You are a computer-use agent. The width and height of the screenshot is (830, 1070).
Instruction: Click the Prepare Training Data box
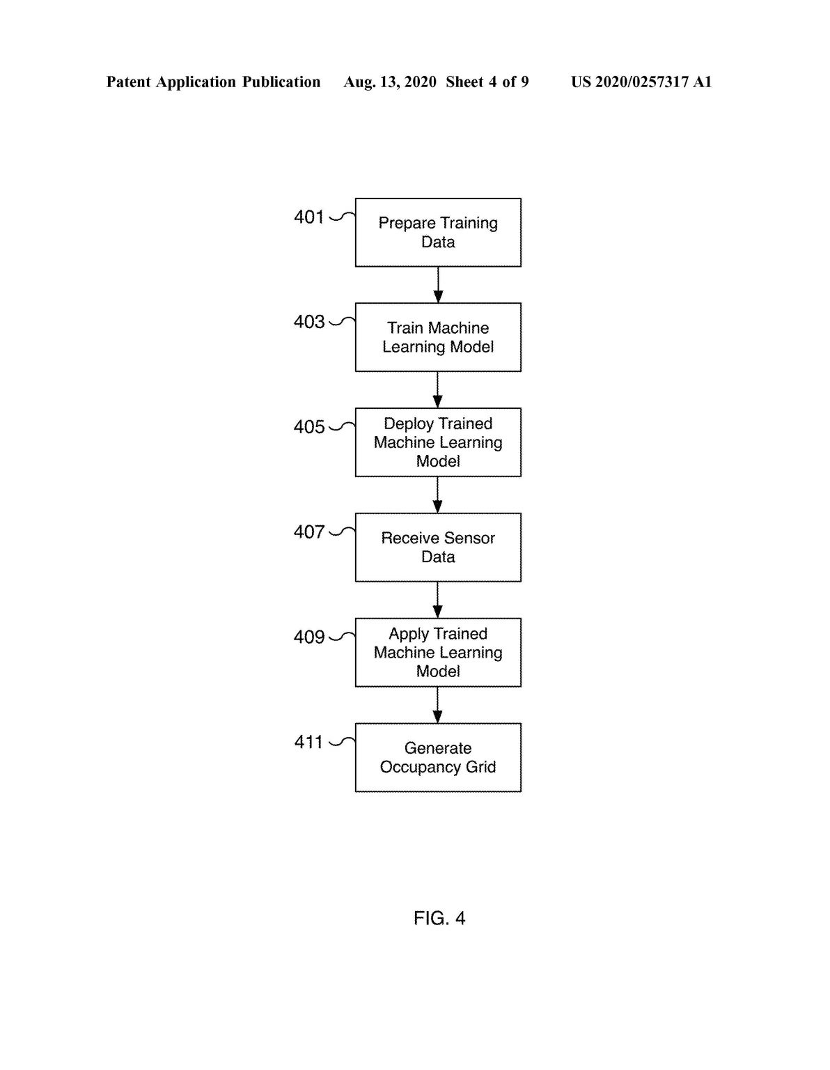[x=438, y=233]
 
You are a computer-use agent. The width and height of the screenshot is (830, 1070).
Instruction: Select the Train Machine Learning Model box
[x=438, y=337]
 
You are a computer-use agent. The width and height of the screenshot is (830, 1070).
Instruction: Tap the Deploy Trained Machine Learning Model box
[x=438, y=442]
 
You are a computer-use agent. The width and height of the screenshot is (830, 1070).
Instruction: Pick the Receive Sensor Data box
[x=438, y=548]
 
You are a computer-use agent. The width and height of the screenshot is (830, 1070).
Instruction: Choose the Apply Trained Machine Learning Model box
[x=438, y=653]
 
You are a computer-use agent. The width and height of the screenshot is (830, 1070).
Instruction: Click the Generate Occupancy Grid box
[x=438, y=757]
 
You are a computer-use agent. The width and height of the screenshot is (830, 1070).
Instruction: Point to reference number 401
[x=309, y=217]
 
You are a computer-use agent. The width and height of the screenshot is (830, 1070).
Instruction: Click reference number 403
[x=309, y=322]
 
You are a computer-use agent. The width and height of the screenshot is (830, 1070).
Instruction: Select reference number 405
[x=309, y=427]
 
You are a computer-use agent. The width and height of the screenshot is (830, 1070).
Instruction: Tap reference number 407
[x=309, y=532]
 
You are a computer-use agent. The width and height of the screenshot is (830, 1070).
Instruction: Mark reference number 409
[x=309, y=637]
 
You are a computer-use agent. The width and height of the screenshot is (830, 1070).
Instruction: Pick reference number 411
[x=308, y=742]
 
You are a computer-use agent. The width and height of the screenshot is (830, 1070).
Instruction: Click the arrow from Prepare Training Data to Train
[x=438, y=285]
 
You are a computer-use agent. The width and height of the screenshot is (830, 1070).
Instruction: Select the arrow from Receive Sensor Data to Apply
[x=438, y=600]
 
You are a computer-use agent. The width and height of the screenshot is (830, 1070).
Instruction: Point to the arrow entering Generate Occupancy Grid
[x=438, y=705]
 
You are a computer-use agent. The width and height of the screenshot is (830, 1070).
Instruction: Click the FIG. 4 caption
[x=439, y=918]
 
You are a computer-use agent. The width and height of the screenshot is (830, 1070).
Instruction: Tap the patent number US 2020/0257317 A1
[x=641, y=82]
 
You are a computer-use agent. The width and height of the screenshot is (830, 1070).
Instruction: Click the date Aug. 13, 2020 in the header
[x=390, y=82]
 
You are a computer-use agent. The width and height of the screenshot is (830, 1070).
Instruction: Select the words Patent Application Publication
[x=214, y=82]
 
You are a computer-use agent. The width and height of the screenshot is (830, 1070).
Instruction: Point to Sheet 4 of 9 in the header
[x=487, y=82]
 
